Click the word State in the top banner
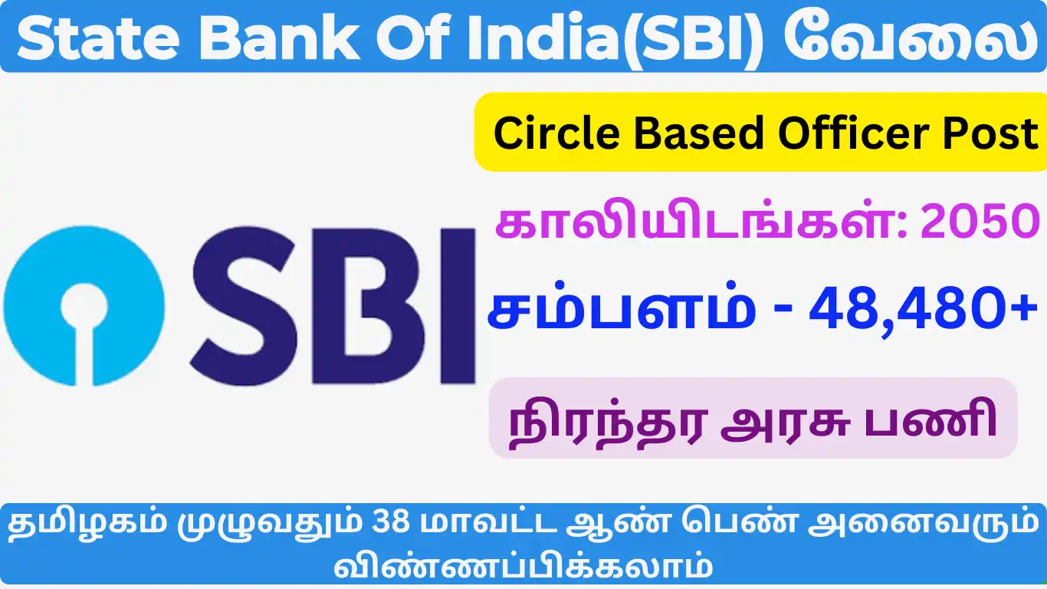(97, 38)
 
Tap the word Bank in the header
(281, 37)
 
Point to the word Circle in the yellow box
(556, 133)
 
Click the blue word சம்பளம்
(621, 307)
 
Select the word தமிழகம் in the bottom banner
(87, 522)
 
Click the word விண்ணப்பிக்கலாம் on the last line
(523, 567)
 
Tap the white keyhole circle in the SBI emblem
(84, 307)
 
